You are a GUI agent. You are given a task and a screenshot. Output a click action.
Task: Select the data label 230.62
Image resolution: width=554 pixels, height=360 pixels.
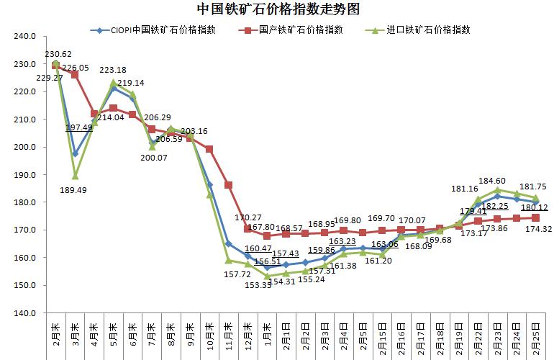58,54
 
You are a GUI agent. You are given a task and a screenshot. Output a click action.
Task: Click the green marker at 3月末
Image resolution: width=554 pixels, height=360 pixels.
75,176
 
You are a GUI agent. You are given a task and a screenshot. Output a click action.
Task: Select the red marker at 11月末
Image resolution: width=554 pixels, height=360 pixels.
228,185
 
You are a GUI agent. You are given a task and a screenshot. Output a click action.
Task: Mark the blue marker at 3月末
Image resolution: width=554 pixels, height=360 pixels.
75,154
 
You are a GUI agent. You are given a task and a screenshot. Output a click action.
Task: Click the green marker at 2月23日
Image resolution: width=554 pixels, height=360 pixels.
497,191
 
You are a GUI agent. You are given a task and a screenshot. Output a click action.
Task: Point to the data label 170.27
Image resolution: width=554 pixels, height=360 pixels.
249,215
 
